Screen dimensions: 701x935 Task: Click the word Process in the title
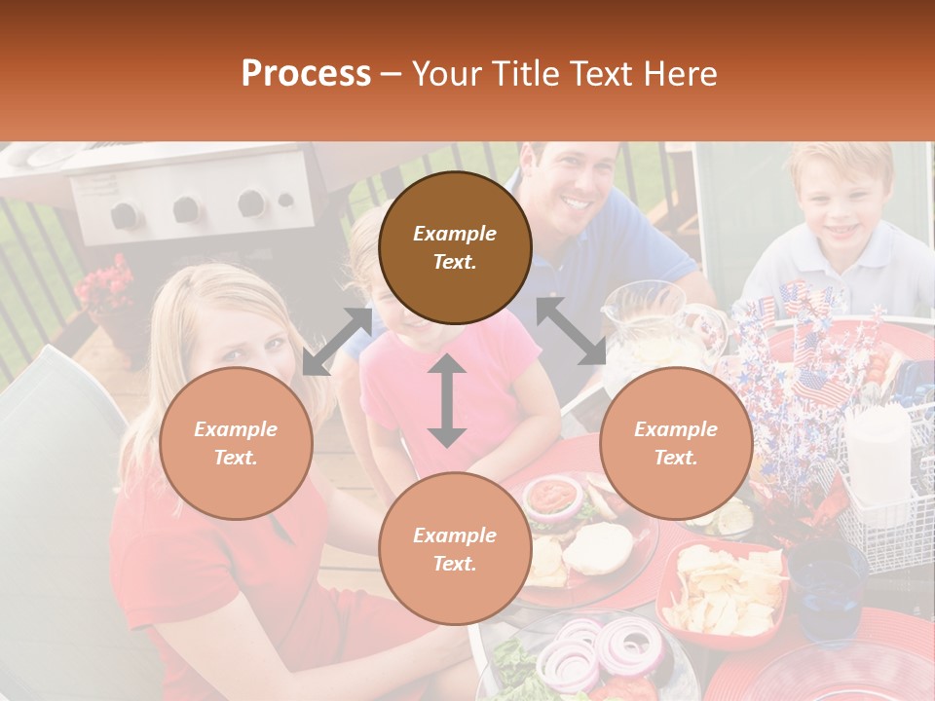[x=306, y=74]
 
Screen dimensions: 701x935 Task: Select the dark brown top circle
[x=455, y=247]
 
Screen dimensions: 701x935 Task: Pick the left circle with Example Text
[x=236, y=443]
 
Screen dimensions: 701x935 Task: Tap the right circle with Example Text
[x=676, y=443]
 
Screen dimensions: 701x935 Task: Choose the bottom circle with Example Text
[x=455, y=549]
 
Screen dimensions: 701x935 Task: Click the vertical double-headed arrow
[x=447, y=400]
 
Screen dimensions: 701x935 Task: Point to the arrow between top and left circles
[x=337, y=341]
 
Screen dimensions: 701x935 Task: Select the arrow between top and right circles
[x=571, y=331]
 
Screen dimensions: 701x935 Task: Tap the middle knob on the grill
[x=188, y=209]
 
